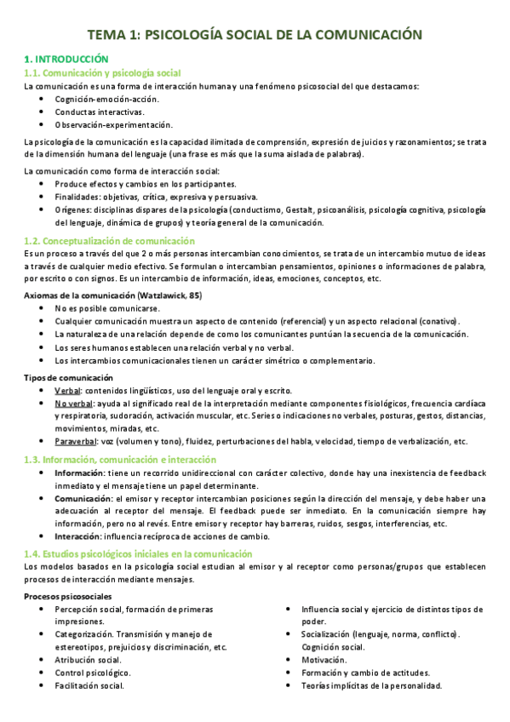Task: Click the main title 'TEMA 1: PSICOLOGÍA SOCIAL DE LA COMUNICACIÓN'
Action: [255, 35]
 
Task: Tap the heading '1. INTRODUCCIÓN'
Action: [66, 60]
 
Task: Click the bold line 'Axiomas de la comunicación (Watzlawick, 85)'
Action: [113, 294]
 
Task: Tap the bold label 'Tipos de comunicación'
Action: [69, 376]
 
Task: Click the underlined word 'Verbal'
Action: [67, 389]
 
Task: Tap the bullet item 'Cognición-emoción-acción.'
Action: [106, 99]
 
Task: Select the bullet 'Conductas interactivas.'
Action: [99, 112]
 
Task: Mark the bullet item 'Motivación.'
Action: [324, 660]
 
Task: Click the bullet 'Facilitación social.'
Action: [89, 685]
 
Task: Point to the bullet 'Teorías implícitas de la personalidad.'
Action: [371, 685]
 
